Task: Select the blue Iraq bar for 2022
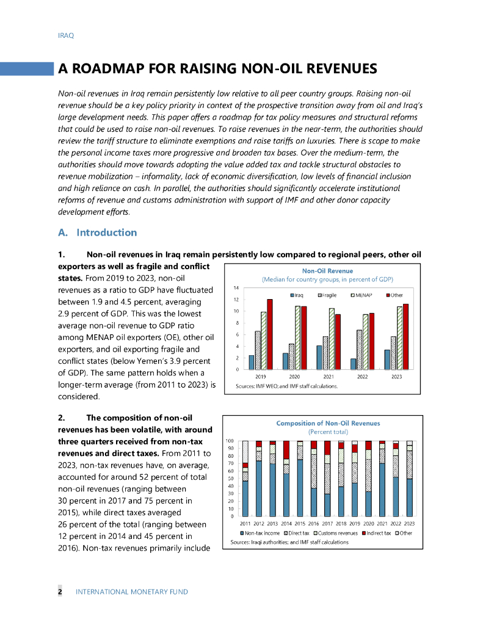pos(353,364)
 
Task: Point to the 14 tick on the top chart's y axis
pos(236,288)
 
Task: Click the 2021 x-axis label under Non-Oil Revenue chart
pos(328,377)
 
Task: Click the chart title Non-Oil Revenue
pos(327,270)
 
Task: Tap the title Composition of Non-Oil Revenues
pos(328,423)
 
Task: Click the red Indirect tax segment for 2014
pos(286,450)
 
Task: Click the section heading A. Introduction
pos(97,233)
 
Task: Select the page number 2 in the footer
pos(60,591)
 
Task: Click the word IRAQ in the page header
pos(65,35)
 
